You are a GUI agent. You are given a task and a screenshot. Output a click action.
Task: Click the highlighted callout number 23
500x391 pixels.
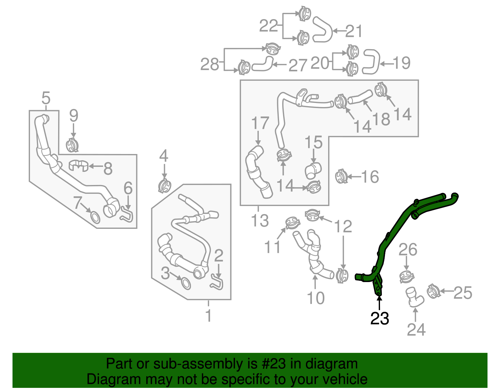pyautogui.click(x=379, y=318)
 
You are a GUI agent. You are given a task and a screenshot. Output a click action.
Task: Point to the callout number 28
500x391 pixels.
pyautogui.click(x=209, y=64)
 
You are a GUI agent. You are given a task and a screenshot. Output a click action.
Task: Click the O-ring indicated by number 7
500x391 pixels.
pyautogui.click(x=95, y=217)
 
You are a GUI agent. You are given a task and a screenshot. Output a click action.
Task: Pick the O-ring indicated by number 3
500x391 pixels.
pyautogui.click(x=186, y=283)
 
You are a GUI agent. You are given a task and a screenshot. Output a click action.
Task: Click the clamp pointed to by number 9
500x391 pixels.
pyautogui.click(x=73, y=145)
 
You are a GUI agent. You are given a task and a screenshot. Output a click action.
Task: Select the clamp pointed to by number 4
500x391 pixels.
pyautogui.click(x=165, y=186)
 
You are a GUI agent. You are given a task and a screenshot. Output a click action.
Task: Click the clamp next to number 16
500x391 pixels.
pyautogui.click(x=341, y=177)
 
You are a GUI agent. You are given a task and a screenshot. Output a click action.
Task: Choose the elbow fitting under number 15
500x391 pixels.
pyautogui.click(x=313, y=170)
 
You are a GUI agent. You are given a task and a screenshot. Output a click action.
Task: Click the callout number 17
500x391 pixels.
pyautogui.click(x=260, y=123)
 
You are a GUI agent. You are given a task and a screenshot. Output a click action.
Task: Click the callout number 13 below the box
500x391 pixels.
pyautogui.click(x=260, y=220)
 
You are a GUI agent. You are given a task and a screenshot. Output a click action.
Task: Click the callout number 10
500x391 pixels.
pyautogui.click(x=316, y=298)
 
